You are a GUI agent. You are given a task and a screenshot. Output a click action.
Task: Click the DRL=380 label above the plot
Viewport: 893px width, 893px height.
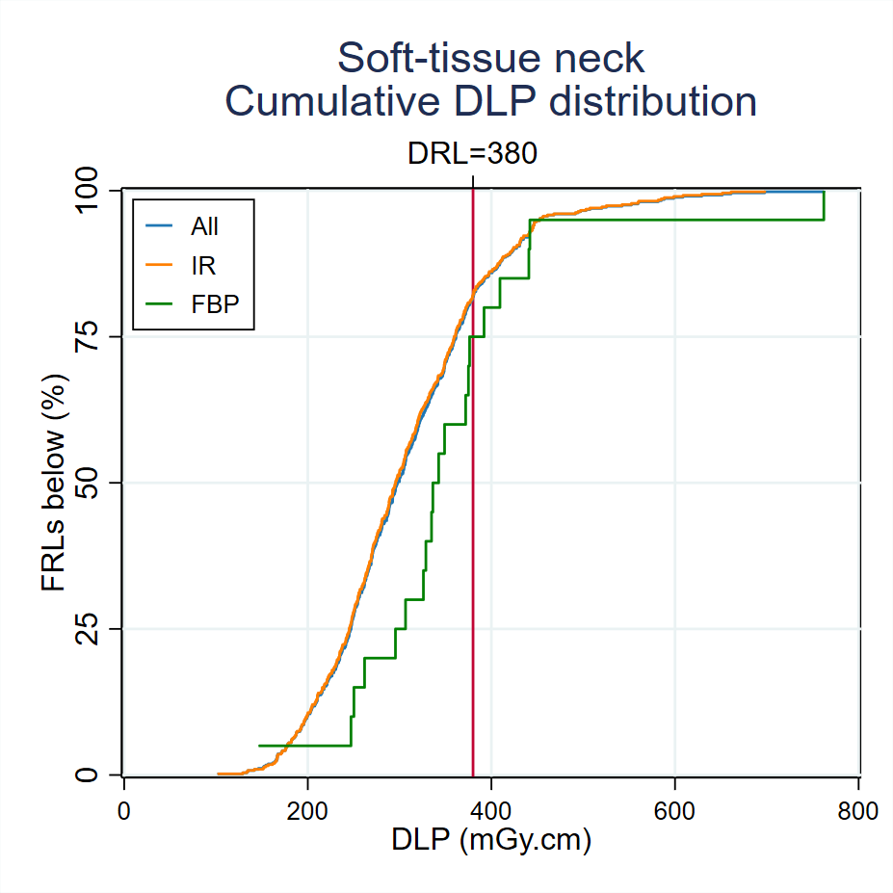tap(472, 153)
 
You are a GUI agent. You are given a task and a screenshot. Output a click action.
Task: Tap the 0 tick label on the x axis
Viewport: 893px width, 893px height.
tap(124, 811)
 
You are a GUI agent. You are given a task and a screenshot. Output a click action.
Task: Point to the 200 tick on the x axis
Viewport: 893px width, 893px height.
tap(307, 811)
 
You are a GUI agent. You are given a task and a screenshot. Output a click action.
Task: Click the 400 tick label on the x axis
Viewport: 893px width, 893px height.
tap(491, 811)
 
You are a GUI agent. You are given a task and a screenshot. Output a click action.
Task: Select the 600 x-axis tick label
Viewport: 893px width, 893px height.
tap(674, 811)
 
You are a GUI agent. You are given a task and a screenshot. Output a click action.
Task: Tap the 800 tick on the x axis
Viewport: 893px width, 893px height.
tap(857, 811)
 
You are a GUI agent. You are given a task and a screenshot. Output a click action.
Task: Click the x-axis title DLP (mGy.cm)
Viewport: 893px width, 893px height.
tap(490, 841)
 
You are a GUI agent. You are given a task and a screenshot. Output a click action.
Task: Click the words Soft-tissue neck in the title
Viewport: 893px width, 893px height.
tap(490, 59)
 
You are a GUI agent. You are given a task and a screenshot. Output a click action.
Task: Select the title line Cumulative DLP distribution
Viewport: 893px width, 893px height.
tap(490, 102)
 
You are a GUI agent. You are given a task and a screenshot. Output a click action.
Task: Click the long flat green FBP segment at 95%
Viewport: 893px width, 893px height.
tap(674, 220)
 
